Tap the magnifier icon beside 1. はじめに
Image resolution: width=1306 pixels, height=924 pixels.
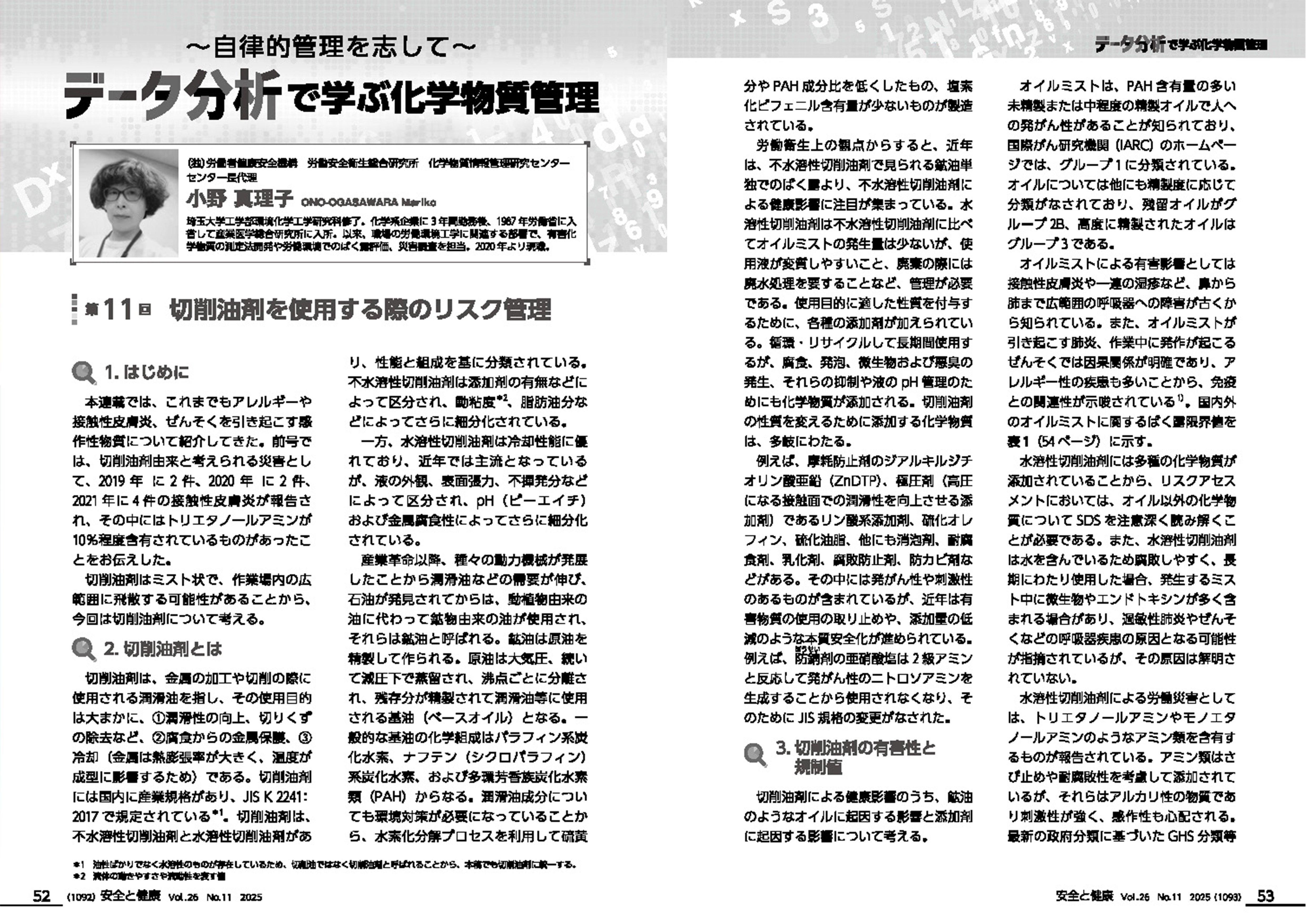click(x=84, y=373)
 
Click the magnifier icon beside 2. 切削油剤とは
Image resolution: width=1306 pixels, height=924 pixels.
click(x=84, y=649)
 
